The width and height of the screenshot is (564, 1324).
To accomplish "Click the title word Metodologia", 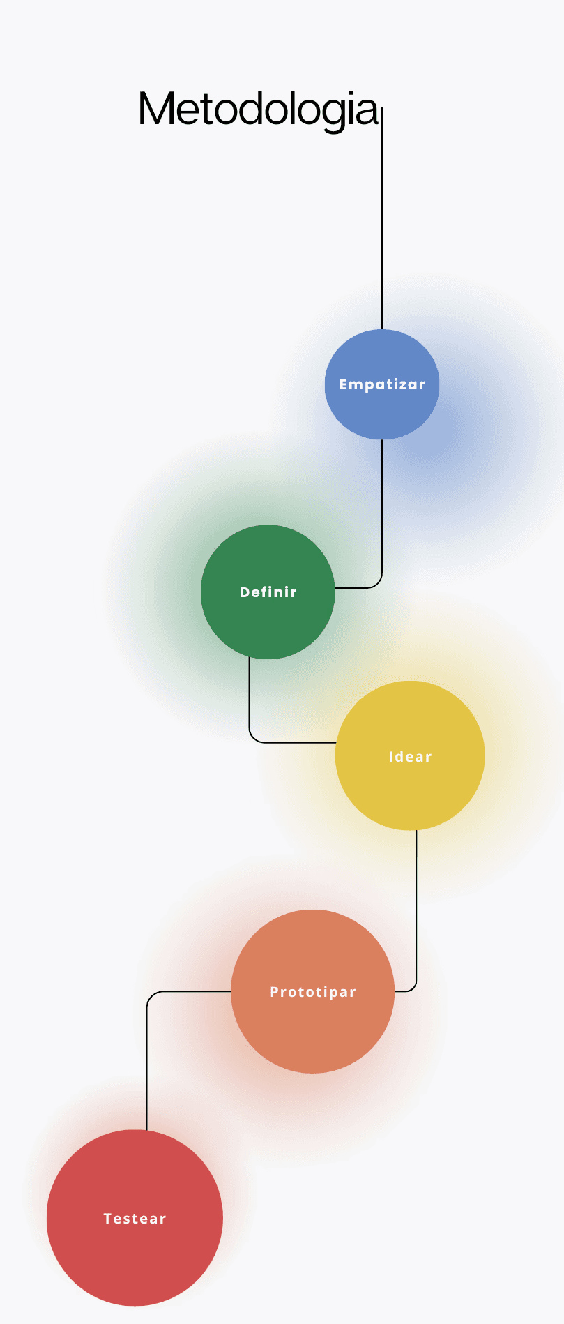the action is pyautogui.click(x=258, y=110).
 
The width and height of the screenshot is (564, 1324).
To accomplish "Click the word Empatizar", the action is pyautogui.click(x=382, y=384).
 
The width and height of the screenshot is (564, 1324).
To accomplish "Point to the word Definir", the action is pyautogui.click(x=268, y=592).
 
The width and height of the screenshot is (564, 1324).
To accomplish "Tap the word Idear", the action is pyautogui.click(x=410, y=757).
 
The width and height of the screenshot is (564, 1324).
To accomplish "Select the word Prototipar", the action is pyautogui.click(x=313, y=992).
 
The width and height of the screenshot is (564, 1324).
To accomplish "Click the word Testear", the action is pyautogui.click(x=135, y=1219).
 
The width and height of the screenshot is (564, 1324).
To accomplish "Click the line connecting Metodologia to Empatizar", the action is pyautogui.click(x=382, y=223).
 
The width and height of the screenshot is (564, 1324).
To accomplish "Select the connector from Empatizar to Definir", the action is pyautogui.click(x=382, y=509).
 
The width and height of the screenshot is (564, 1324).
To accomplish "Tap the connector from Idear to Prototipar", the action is pyautogui.click(x=416, y=907).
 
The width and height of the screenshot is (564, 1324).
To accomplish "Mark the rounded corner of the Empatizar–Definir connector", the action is pyautogui.click(x=379, y=585).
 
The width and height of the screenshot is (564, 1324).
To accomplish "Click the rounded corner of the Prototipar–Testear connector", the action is pyautogui.click(x=150, y=995).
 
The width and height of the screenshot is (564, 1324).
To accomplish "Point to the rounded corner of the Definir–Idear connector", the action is pyautogui.click(x=253, y=739).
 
